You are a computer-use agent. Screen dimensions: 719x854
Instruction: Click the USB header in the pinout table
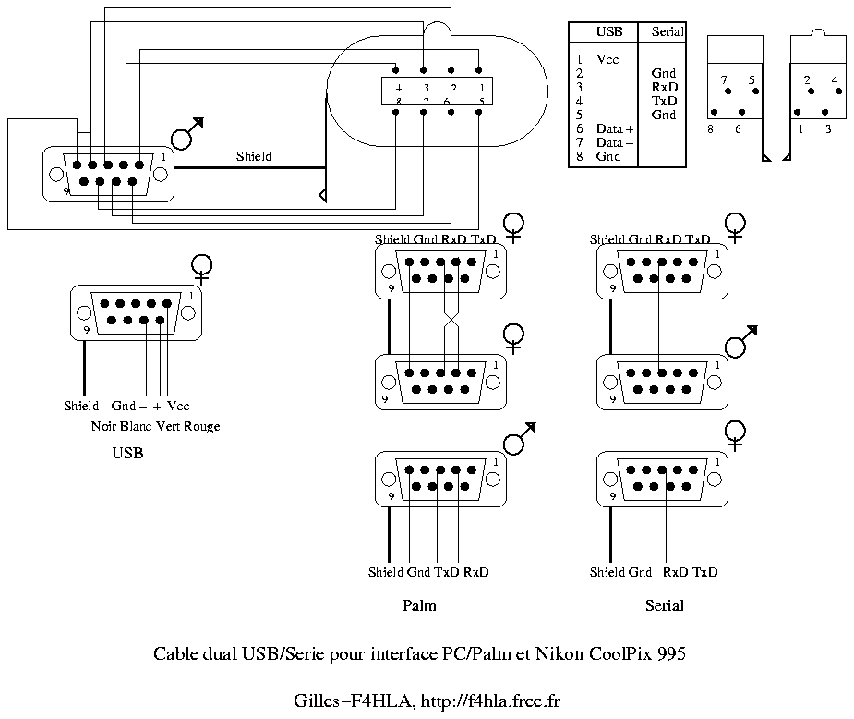point(609,31)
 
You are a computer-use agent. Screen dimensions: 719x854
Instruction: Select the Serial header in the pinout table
point(668,31)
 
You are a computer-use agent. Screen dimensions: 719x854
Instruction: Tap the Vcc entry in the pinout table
point(607,59)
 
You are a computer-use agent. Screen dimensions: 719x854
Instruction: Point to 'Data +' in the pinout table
point(615,129)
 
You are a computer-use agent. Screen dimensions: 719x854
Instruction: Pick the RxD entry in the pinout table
point(664,87)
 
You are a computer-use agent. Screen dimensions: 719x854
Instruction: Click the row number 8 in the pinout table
point(579,157)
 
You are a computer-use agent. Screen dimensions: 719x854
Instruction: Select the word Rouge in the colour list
point(202,426)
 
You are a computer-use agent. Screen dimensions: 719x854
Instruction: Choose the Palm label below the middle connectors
point(419,606)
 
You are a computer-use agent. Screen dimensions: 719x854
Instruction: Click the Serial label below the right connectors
point(664,606)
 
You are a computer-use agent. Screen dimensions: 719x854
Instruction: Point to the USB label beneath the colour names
point(127,454)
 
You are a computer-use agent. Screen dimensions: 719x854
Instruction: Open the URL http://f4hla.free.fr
point(490,701)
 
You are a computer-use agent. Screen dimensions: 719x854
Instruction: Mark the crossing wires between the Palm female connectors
point(451,321)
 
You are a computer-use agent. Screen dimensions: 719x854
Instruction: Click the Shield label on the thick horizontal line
point(254,157)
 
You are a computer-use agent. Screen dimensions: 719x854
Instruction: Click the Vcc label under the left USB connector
point(178,406)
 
